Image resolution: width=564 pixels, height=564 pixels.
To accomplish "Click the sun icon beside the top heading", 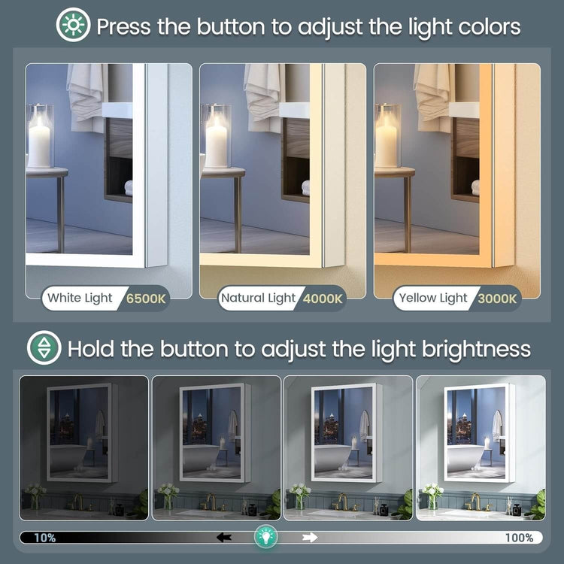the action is click(74, 25).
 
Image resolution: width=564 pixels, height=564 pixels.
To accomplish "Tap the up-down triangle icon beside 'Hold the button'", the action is click(44, 347).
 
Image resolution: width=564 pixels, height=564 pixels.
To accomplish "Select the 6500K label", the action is click(146, 299).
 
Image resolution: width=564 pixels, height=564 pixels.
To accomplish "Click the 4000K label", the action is click(323, 299).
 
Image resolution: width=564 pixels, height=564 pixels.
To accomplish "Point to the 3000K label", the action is click(498, 299).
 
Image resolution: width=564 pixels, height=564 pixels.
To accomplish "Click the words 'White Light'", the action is click(80, 299).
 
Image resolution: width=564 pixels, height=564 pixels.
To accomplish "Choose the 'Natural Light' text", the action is click(258, 299).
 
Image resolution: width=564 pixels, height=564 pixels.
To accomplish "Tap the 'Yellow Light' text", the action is click(433, 299).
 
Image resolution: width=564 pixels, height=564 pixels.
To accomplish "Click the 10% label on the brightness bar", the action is click(45, 538).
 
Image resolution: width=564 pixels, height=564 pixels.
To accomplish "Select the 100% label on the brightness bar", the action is click(519, 538).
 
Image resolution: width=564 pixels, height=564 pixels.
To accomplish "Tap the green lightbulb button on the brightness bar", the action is click(265, 537).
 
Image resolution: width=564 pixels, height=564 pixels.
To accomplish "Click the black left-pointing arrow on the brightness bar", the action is click(224, 538).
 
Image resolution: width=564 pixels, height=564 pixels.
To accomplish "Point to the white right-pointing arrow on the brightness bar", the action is click(310, 538).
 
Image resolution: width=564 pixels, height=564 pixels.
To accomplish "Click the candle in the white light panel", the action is click(39, 142).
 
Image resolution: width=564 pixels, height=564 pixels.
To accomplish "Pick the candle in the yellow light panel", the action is click(385, 142).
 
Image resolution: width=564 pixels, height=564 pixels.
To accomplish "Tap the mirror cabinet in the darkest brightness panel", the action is click(82, 432).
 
